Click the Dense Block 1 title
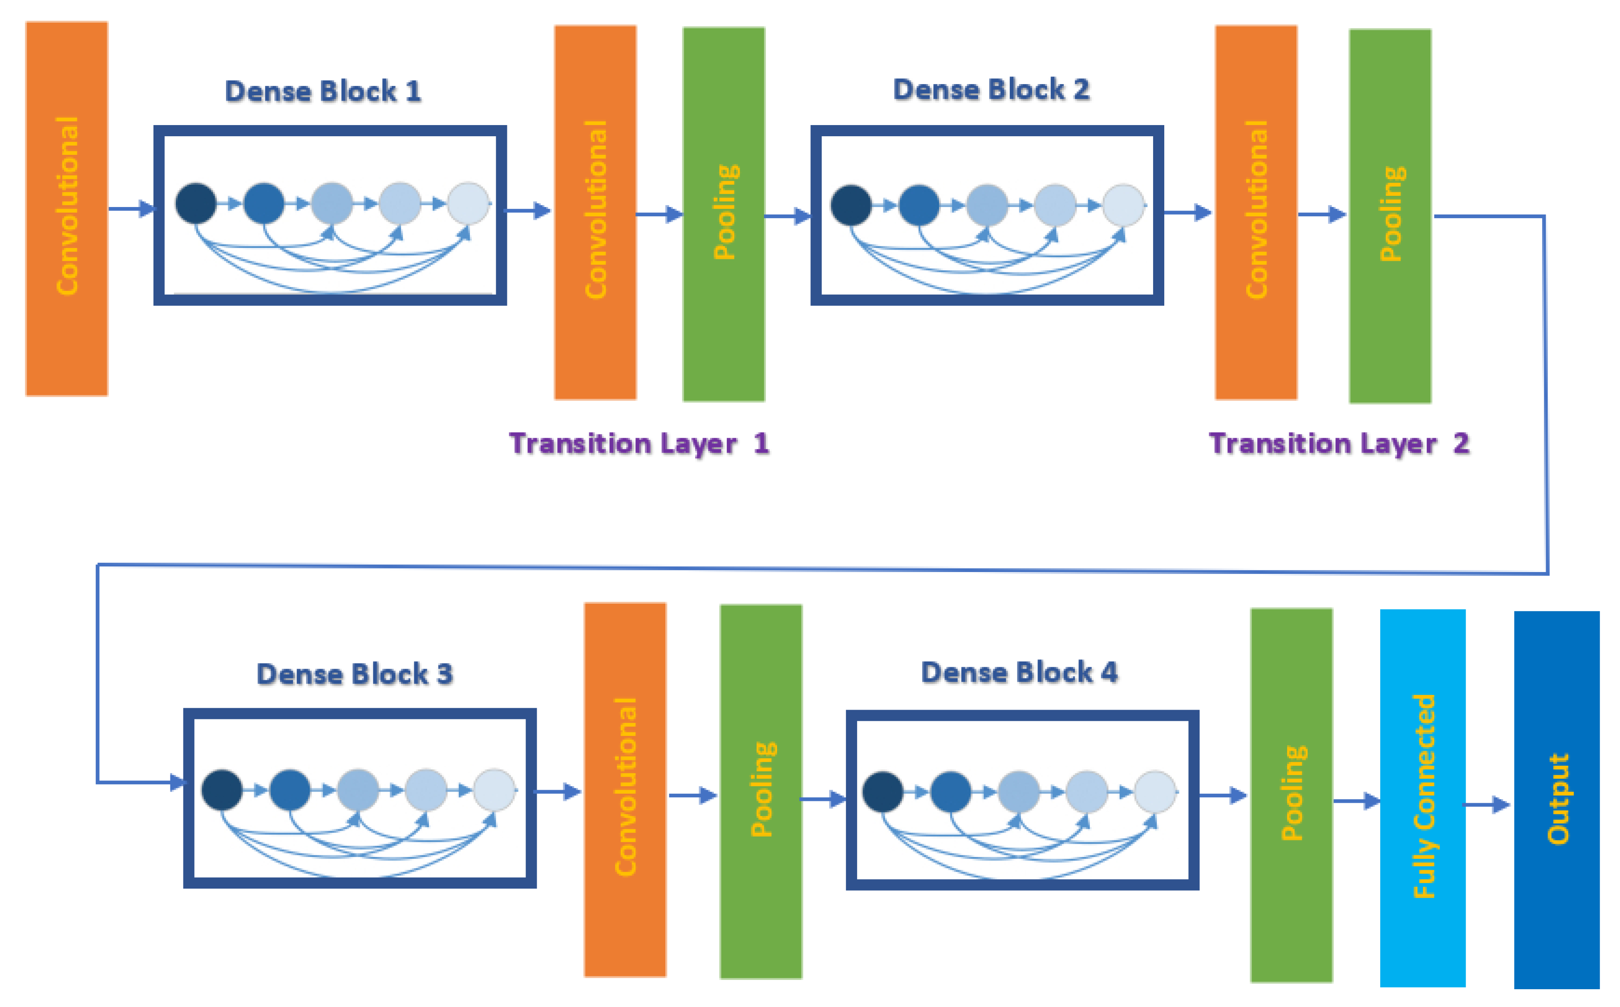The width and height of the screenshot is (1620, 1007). (323, 91)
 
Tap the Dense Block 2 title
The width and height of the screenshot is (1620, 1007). (991, 90)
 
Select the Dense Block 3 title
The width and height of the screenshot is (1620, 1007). (354, 674)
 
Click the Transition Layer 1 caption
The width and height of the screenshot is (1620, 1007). (639, 443)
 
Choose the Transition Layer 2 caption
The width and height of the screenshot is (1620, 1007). (1338, 443)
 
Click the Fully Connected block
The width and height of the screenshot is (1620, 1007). (1422, 797)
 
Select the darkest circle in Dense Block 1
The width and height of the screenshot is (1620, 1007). (196, 203)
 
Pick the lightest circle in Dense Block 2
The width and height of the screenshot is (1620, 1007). (1123, 205)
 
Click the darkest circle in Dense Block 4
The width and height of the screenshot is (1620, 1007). (882, 792)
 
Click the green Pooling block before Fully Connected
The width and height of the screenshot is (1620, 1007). (1291, 795)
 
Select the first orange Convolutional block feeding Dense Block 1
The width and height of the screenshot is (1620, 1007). (67, 208)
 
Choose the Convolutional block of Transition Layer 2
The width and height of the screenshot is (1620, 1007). (1256, 212)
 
